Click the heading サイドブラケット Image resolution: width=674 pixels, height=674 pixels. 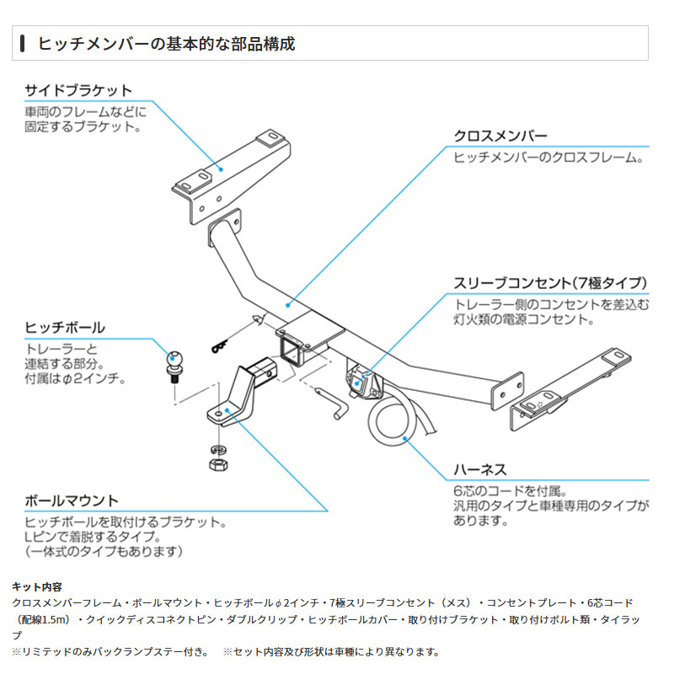click(78, 90)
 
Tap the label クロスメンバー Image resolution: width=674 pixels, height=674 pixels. click(500, 136)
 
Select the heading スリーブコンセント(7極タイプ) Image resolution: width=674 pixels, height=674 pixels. click(550, 282)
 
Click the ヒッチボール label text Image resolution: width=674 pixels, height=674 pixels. click(65, 327)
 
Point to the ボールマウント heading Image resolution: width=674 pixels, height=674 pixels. click(72, 501)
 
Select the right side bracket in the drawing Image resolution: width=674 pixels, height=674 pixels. click(573, 384)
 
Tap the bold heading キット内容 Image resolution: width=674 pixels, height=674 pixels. click(36, 586)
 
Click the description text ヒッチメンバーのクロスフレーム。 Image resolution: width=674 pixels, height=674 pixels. click(549, 158)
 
